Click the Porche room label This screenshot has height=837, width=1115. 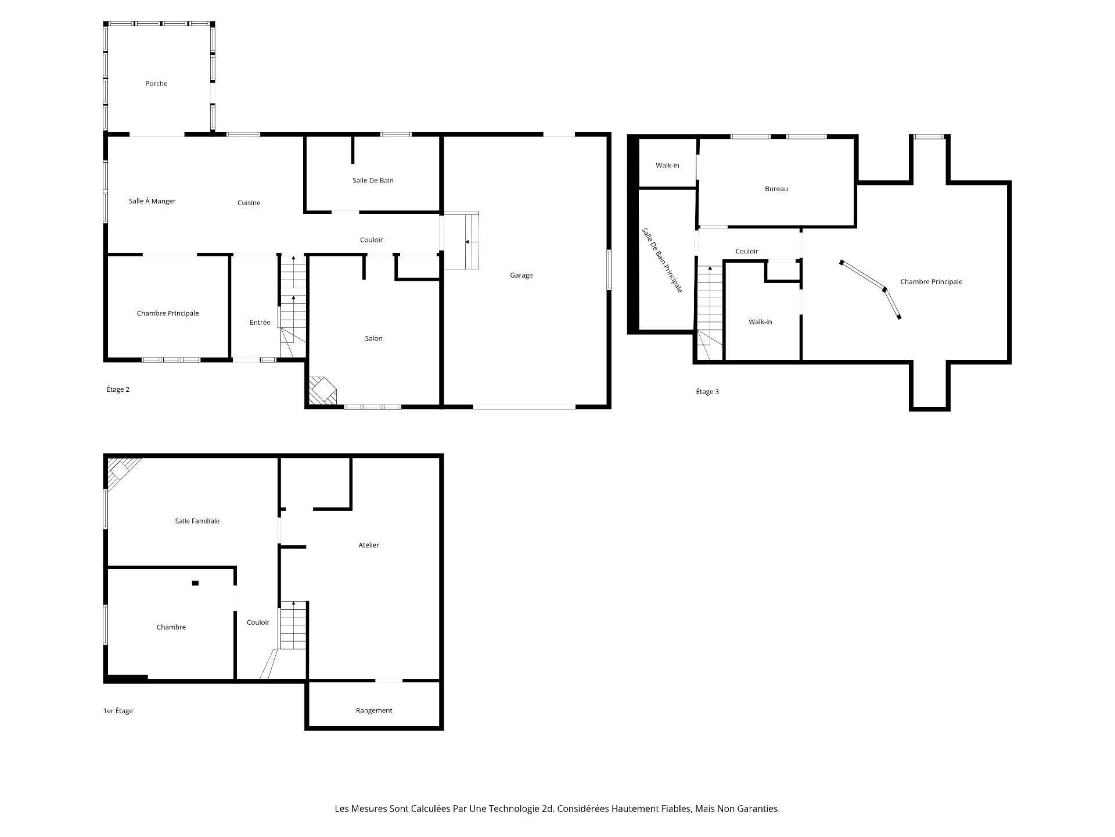click(156, 84)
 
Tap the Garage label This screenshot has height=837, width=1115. click(521, 276)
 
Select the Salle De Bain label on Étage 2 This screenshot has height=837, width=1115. click(373, 180)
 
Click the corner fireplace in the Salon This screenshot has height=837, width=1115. click(321, 391)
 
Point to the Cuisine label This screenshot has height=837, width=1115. click(249, 203)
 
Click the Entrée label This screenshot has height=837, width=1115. click(260, 323)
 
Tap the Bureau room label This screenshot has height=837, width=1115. click(776, 189)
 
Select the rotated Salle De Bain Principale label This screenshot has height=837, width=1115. click(662, 260)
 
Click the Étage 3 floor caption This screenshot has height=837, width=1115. click(707, 392)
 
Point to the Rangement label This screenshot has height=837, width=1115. click(374, 710)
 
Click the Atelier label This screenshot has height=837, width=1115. click(369, 545)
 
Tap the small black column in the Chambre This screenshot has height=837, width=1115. click(195, 583)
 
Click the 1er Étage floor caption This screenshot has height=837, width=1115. click(118, 711)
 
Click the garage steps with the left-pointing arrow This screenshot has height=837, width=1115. click(463, 241)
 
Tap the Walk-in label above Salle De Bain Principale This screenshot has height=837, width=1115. click(667, 166)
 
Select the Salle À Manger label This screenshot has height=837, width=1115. click(152, 201)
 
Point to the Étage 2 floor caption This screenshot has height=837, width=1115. click(118, 389)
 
